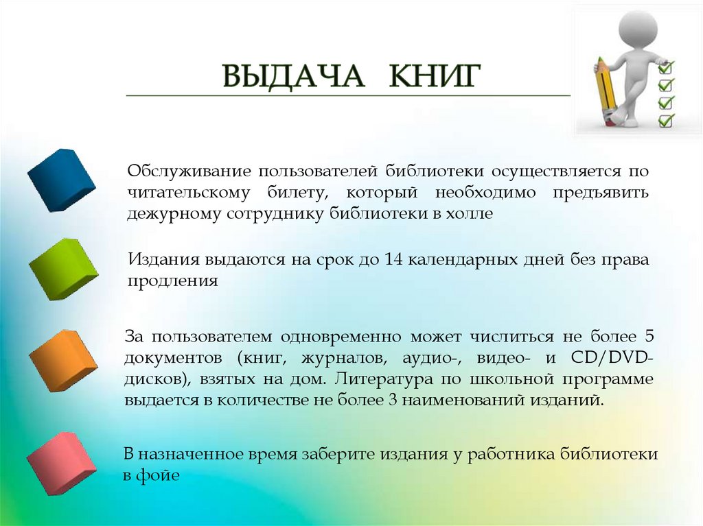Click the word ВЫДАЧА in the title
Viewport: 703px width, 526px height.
293,77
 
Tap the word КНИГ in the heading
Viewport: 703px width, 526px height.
433,77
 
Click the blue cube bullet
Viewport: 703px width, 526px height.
62,179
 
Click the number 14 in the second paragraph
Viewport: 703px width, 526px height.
394,261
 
